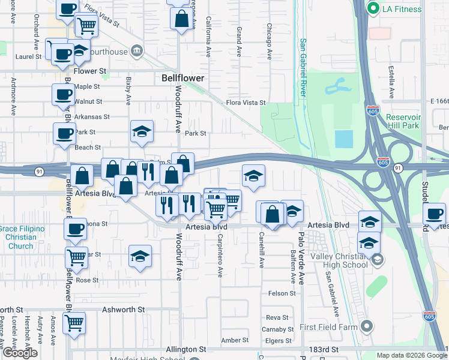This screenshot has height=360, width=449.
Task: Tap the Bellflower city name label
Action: coord(183,78)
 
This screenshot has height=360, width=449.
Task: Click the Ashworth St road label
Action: coord(124,310)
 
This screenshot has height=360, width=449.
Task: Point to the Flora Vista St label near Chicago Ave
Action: coord(246,103)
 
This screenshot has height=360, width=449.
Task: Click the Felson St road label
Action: coord(282,293)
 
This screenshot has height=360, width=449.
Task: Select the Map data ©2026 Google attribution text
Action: coord(411,355)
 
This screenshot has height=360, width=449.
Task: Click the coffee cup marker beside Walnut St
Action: coord(64,94)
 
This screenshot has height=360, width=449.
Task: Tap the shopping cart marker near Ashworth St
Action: coord(74,322)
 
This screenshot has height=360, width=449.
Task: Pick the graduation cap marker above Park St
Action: coord(142,131)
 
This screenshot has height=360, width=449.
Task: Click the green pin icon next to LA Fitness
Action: coord(373,8)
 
